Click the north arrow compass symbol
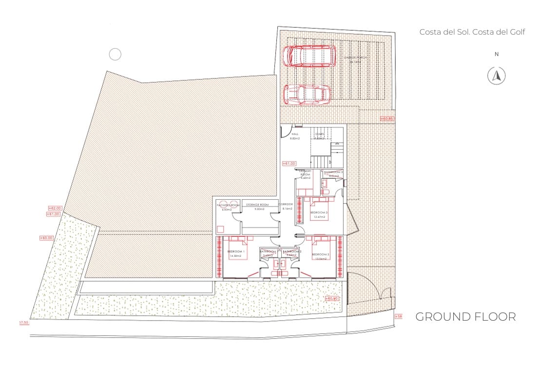(497, 76)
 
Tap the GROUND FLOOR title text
(465, 317)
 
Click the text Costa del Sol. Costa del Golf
(472, 32)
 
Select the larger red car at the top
(310, 56)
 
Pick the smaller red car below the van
(307, 95)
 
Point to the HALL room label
(295, 134)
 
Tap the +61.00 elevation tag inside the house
(289, 163)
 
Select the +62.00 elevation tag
(55, 208)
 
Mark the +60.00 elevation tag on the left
(46, 238)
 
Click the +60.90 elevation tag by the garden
(331, 298)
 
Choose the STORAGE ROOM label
(257, 205)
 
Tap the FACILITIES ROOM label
(228, 205)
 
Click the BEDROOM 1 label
(236, 252)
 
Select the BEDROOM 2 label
(320, 254)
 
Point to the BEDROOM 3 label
(320, 213)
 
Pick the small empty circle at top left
(115, 55)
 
